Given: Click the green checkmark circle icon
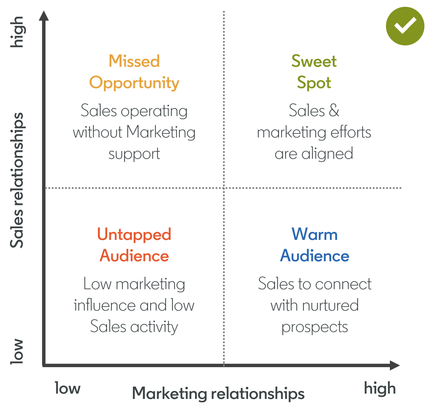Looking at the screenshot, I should (405, 26).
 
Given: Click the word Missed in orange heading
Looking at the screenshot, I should (134, 61).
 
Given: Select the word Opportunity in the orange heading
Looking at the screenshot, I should (134, 83).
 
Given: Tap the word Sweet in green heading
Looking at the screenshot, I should (314, 61).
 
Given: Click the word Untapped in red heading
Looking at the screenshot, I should (134, 235).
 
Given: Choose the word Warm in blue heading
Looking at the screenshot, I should (314, 235).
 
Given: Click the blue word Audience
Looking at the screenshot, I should (314, 256).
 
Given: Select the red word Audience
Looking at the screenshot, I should (134, 256).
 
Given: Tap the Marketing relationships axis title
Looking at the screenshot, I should (218, 394).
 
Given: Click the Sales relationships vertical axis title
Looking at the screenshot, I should (17, 180).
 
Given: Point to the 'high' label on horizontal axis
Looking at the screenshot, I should (380, 389).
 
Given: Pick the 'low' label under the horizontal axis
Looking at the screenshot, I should (67, 389).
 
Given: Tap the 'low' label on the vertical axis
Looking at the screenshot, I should (17, 352).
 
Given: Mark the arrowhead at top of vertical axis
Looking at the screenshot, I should (44, 16).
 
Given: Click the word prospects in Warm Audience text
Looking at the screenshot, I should (314, 327).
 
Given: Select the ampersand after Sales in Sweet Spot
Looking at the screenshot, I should (334, 111).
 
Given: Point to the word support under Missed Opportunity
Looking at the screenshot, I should (134, 154).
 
